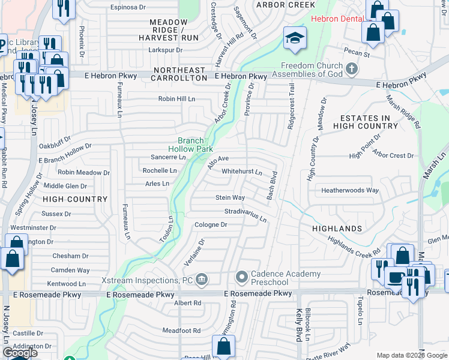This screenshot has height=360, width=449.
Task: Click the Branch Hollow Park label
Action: pyautogui.click(x=190, y=144)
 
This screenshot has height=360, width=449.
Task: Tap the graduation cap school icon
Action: pyautogui.click(x=295, y=39)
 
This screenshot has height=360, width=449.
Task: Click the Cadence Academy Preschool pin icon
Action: pyautogui.click(x=242, y=277)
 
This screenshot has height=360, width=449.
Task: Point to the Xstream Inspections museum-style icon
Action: pyautogui.click(x=202, y=280)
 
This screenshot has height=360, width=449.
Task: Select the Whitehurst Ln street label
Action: pyautogui.click(x=242, y=172)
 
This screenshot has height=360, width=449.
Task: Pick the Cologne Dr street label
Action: pyautogui.click(x=211, y=225)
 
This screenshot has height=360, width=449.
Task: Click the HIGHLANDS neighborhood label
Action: pyautogui.click(x=337, y=229)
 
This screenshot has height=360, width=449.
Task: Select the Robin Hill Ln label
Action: pyautogui.click(x=177, y=99)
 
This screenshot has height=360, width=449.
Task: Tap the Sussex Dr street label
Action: pyautogui.click(x=56, y=214)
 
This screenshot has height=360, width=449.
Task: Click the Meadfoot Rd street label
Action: pyautogui.click(x=181, y=331)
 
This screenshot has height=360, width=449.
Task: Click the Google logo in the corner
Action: pyautogui.click(x=19, y=353)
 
